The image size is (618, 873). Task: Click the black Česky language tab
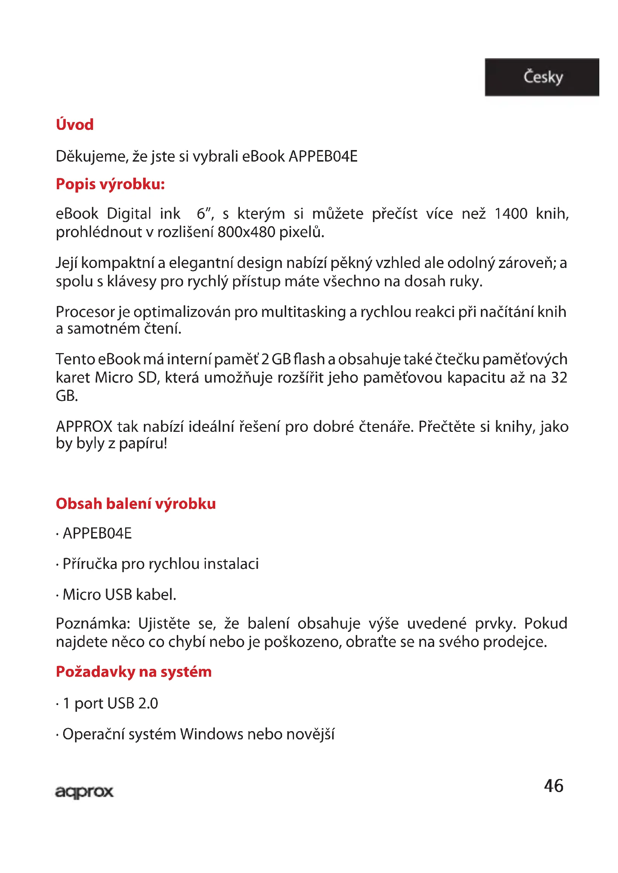coord(542,77)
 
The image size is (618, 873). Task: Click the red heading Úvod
coord(75,125)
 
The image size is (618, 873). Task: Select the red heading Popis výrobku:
coord(110,184)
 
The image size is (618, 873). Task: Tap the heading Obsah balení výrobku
coord(136,504)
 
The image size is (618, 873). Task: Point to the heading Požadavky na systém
coord(133,672)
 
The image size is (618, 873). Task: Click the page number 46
coord(553,786)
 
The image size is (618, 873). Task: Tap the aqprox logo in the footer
coord(84,792)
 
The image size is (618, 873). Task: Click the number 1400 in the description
coord(511,214)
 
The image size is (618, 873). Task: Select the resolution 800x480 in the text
coord(246,232)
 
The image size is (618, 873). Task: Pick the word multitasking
coord(303,312)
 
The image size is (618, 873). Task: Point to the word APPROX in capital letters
coord(84,427)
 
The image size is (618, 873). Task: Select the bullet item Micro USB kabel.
coord(119,595)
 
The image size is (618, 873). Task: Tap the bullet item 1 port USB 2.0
coord(110,704)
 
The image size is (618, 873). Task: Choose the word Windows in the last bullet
coord(211,734)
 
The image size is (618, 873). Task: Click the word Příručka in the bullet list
coord(90,564)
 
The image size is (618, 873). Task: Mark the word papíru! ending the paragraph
coord(143,444)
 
